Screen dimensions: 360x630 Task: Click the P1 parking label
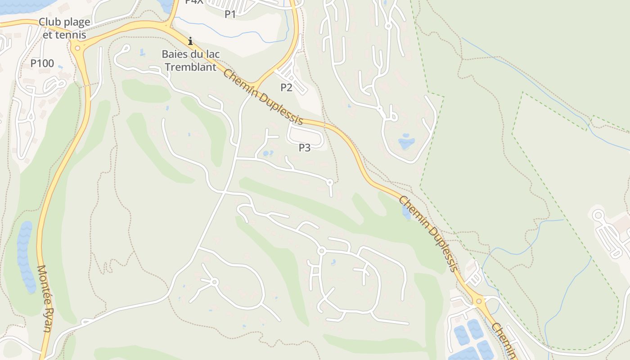(230, 14)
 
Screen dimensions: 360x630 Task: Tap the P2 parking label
(287, 87)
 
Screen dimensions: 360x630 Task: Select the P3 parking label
(305, 148)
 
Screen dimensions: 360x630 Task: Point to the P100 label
(42, 63)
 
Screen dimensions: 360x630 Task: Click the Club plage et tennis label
(64, 28)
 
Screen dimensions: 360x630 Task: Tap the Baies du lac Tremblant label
(191, 60)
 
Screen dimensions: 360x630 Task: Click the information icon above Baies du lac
(190, 41)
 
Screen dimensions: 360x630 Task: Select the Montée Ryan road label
(45, 298)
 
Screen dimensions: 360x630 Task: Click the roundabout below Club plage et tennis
(77, 48)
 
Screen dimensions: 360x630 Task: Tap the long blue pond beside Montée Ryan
(25, 256)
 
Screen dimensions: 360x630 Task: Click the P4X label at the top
(194, 2)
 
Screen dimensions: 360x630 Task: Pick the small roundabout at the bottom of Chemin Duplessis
(479, 301)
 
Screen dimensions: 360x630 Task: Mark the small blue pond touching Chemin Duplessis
(406, 212)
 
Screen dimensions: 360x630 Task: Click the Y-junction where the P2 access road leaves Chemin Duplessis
(258, 84)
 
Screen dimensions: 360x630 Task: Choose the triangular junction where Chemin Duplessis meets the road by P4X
(171, 27)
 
